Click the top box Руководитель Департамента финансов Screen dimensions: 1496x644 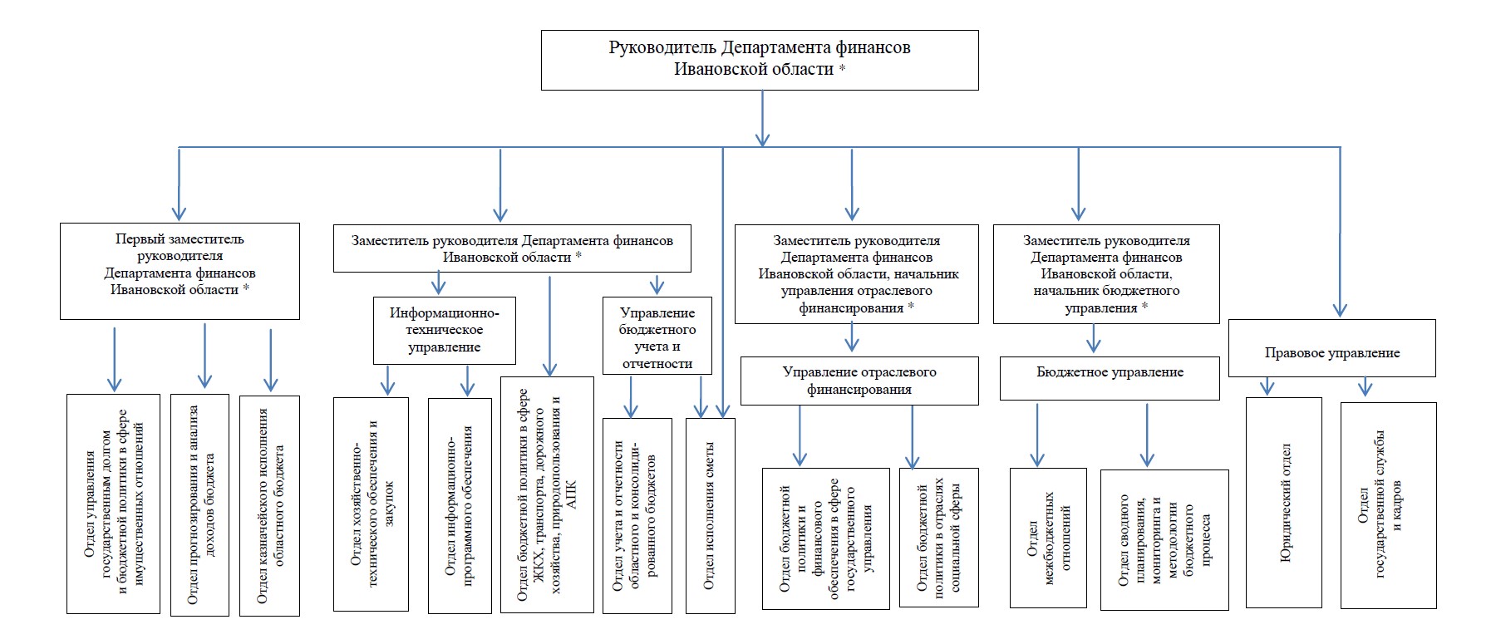coord(760,60)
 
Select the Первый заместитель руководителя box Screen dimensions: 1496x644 coord(180,271)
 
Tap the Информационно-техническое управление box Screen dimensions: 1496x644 coord(445,330)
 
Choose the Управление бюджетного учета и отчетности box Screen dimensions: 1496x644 coord(657,336)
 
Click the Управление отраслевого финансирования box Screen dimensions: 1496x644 coord(859,381)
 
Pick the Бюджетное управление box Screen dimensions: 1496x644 coord(1110,378)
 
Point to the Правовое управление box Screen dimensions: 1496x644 coord(1332,348)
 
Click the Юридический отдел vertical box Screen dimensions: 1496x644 coord(1284,502)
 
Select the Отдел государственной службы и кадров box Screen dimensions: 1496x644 coord(1389,505)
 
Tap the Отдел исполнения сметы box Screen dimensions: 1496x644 coord(711,515)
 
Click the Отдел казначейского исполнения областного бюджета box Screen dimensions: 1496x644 coord(269,505)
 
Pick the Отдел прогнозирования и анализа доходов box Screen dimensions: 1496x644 coord(199,505)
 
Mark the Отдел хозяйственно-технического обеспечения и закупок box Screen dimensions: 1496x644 coord(371,504)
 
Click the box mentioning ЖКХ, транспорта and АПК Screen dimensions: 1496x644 coord(547,494)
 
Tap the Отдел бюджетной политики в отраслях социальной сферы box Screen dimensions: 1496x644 coord(939,538)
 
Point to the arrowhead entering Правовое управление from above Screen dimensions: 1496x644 coord(1340,310)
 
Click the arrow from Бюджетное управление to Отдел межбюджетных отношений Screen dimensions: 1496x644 coord(1037,435)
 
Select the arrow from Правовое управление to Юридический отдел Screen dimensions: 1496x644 coord(1267,386)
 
